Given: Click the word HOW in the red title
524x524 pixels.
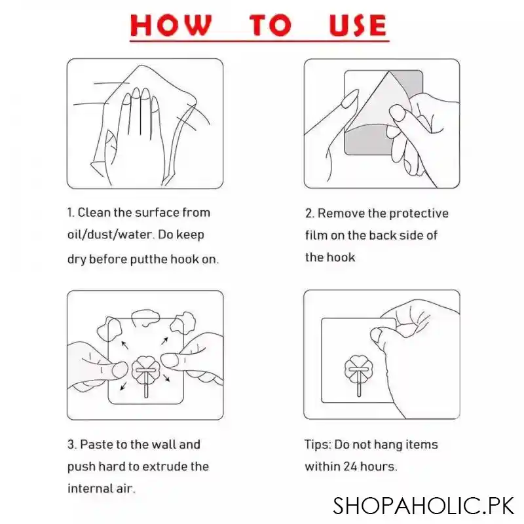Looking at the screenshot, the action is [x=171, y=25].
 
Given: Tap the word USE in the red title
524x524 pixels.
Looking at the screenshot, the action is [x=358, y=25].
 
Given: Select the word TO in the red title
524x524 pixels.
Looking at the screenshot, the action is [x=271, y=25].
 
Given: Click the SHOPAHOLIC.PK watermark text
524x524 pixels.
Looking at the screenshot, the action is [x=423, y=506].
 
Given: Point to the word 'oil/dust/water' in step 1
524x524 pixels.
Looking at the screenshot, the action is [x=110, y=235].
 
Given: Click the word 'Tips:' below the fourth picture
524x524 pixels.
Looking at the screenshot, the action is [x=318, y=445].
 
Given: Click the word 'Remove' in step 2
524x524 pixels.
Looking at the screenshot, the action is [x=341, y=214].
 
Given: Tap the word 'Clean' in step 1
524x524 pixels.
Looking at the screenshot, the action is [x=94, y=212].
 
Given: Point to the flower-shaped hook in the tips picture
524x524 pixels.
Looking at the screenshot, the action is [x=358, y=370].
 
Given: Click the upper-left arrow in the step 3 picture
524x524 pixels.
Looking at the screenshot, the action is [x=124, y=345].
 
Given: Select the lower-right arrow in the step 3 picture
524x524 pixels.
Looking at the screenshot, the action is [x=166, y=378].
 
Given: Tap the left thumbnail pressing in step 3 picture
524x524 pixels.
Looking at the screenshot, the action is [x=119, y=370].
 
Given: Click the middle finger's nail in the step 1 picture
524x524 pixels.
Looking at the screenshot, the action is [x=136, y=93].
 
